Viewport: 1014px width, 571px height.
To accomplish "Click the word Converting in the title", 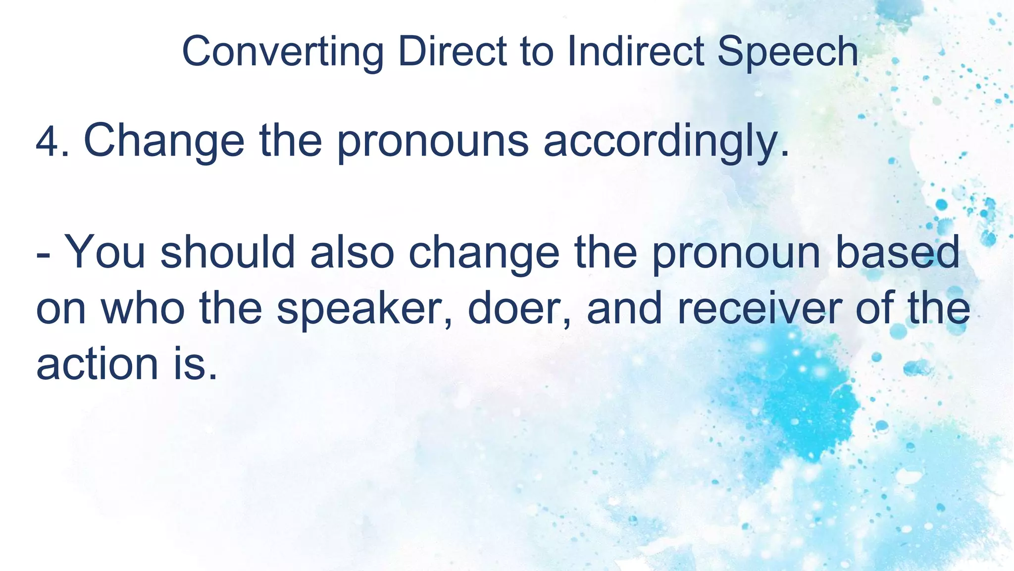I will [x=283, y=52].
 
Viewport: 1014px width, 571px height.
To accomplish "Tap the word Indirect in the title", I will [x=636, y=52].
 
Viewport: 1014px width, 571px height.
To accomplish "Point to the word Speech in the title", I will [x=787, y=52].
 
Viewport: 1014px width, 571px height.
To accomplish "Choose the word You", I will [x=105, y=253].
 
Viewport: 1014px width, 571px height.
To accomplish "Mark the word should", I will [x=228, y=253].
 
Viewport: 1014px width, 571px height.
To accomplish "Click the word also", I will [x=352, y=253].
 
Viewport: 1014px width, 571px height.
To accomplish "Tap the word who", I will [x=143, y=308].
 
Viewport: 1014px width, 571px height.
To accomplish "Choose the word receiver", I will [x=760, y=308].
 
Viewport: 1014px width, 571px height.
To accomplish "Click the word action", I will [x=97, y=364].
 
